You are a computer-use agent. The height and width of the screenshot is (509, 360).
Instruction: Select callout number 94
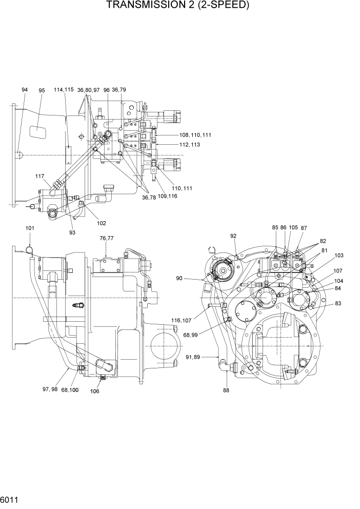tap(25, 90)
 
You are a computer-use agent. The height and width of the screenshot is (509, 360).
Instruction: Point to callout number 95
tap(42, 91)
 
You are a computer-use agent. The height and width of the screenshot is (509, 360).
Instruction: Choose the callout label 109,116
tap(168, 197)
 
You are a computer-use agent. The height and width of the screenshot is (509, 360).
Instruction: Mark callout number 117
tap(40, 176)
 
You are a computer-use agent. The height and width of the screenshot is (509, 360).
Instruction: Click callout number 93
tap(72, 232)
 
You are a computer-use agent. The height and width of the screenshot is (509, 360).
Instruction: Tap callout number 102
tap(101, 223)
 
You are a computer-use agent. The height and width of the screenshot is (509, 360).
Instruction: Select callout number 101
tap(30, 228)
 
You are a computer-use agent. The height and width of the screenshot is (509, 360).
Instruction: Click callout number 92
tap(233, 236)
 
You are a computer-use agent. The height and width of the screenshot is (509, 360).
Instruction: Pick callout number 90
tap(179, 279)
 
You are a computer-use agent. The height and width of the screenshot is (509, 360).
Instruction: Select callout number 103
tap(339, 255)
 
